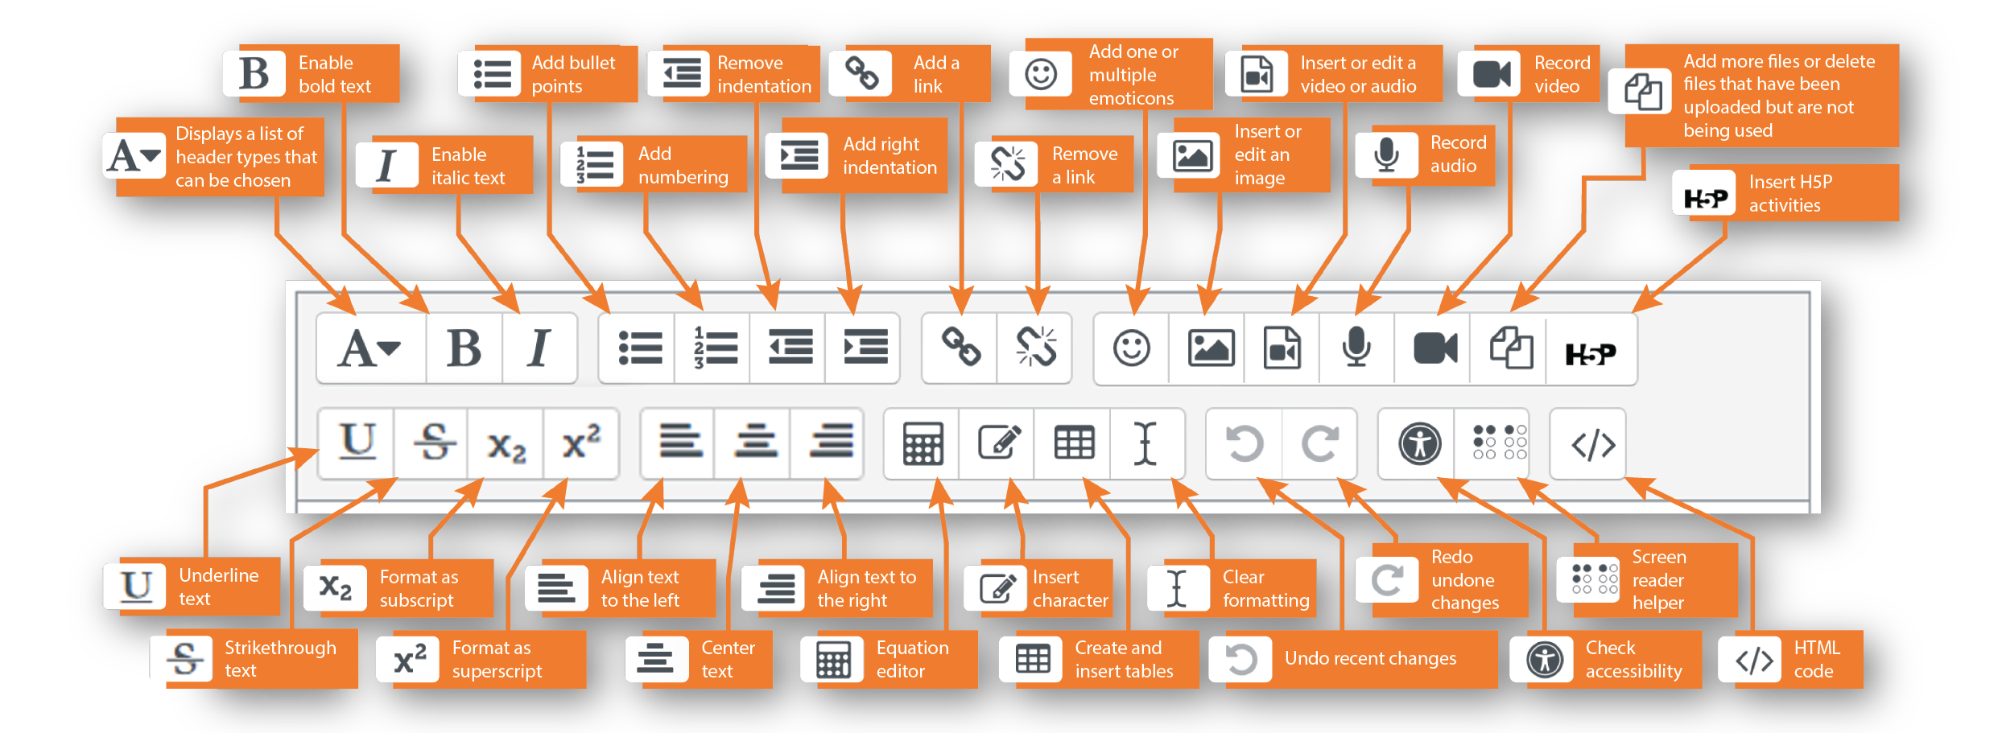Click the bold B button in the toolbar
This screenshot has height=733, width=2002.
click(x=464, y=348)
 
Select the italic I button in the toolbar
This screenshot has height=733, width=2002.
click(x=539, y=348)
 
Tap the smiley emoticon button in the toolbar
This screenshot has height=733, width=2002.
click(x=1131, y=348)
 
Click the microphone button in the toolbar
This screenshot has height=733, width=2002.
click(x=1356, y=348)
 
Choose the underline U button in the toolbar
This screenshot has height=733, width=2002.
click(x=357, y=443)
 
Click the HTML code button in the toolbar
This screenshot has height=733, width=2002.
click(x=1593, y=444)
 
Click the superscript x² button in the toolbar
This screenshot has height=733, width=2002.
click(x=581, y=443)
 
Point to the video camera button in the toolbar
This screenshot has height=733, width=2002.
click(x=1435, y=348)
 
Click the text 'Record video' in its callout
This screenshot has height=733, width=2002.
click(x=1562, y=74)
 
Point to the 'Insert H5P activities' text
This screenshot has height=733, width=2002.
click(x=1789, y=193)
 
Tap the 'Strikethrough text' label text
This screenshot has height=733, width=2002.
click(x=280, y=659)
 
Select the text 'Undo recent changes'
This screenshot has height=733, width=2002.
click(x=1370, y=658)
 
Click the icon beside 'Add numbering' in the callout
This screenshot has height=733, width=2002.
click(x=594, y=164)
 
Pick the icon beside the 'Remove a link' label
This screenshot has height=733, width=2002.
click(x=1007, y=164)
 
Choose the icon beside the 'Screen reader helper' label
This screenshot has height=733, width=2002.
click(x=1588, y=579)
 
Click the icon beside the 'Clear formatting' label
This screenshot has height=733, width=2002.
click(x=1177, y=588)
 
